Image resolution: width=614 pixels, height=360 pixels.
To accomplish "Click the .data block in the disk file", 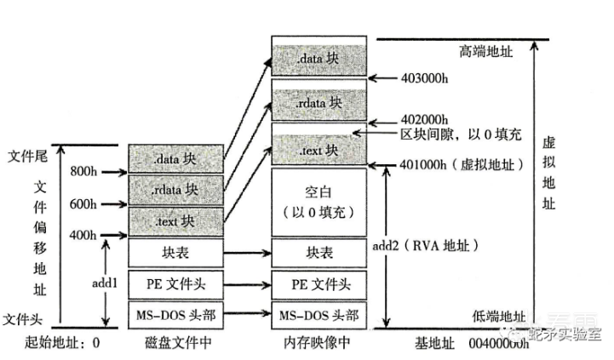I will (x=177, y=158).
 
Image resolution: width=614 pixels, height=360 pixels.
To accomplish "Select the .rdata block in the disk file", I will (x=177, y=189).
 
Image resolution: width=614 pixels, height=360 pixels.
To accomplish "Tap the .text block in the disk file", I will (x=177, y=220).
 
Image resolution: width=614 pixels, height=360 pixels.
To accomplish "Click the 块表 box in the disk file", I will (x=177, y=253).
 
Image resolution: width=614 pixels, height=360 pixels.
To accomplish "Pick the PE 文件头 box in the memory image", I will (x=318, y=283).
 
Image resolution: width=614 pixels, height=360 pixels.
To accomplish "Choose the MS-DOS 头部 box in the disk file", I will (x=177, y=313).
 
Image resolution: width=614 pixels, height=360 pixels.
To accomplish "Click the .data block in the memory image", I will (x=318, y=60).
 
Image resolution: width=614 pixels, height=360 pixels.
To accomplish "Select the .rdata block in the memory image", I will (x=318, y=102).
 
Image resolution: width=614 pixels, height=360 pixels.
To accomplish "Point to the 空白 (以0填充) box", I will (x=318, y=203).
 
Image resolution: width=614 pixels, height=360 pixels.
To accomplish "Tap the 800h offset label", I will (x=83, y=170).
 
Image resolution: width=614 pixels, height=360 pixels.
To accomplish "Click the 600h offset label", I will (x=83, y=204).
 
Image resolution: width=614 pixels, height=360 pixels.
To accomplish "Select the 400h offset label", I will (x=83, y=235).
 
